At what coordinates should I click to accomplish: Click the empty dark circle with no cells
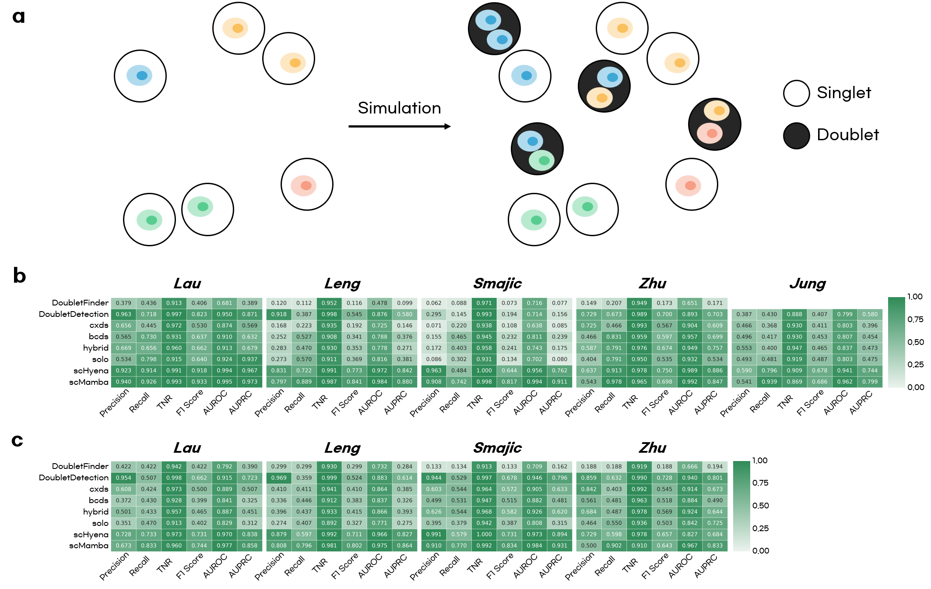tap(796, 136)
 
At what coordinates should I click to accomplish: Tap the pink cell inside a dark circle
tap(710, 133)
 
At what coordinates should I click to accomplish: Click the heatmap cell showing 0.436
tap(149, 303)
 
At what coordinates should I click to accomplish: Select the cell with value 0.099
tap(404, 303)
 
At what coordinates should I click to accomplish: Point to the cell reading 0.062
tap(434, 303)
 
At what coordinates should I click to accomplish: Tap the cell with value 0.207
tap(614, 303)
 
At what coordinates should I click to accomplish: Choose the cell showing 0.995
tap(224, 382)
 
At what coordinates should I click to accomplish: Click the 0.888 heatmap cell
tap(794, 314)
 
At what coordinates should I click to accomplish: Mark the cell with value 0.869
tap(794, 382)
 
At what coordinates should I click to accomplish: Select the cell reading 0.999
tap(329, 478)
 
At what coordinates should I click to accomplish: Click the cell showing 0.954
tap(123, 478)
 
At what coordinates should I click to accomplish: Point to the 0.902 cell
tap(614, 546)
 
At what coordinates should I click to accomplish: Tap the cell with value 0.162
tap(559, 467)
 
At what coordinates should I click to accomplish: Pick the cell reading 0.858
tap(249, 546)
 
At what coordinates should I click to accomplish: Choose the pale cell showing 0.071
tap(434, 326)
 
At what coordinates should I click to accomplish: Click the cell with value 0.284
tap(404, 467)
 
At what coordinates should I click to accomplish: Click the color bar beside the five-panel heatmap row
tap(896, 342)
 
